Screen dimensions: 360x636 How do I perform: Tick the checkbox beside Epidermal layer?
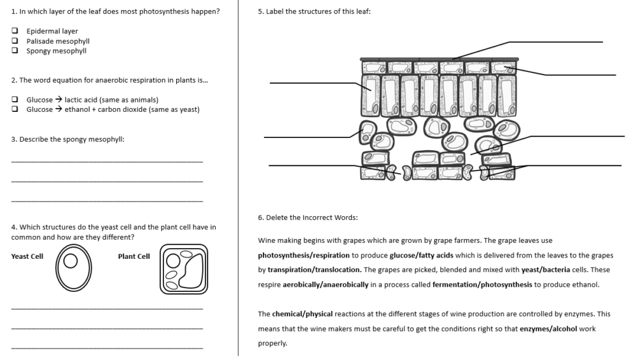pyautogui.click(x=15, y=31)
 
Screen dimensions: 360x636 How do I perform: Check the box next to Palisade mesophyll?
pyautogui.click(x=15, y=41)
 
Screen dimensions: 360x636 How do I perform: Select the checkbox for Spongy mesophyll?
pyautogui.click(x=15, y=51)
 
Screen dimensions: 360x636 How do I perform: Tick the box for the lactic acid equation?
pyautogui.click(x=15, y=100)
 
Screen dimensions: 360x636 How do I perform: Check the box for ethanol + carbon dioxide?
pyautogui.click(x=15, y=109)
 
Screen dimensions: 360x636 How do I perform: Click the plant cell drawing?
pyautogui.click(x=184, y=269)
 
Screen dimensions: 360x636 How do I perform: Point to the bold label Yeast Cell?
pyautogui.click(x=27, y=256)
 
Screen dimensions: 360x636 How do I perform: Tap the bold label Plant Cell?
pyautogui.click(x=134, y=256)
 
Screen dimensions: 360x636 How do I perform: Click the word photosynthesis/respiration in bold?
pyautogui.click(x=304, y=256)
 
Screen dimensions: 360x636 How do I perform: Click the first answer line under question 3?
pyautogui.click(x=107, y=162)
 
